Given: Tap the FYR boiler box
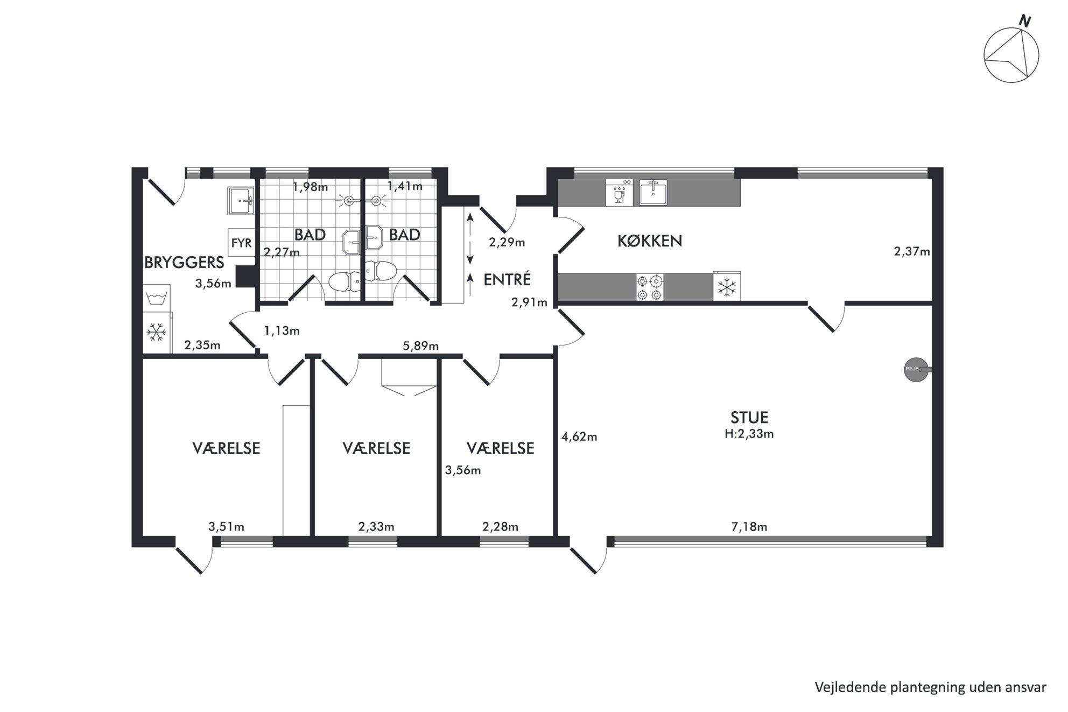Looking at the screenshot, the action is pyautogui.click(x=241, y=243).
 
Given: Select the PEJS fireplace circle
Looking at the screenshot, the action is pyautogui.click(x=916, y=370).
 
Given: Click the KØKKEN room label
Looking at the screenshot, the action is pyautogui.click(x=650, y=241).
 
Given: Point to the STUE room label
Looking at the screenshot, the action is pyautogui.click(x=749, y=417).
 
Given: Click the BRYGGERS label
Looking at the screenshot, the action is pyautogui.click(x=184, y=262).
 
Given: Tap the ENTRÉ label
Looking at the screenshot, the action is pyautogui.click(x=507, y=279).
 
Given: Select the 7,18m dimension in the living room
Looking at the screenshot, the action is pyautogui.click(x=749, y=526).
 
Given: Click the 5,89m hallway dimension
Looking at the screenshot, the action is pyautogui.click(x=420, y=346).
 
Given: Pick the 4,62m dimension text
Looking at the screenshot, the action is pyautogui.click(x=579, y=436).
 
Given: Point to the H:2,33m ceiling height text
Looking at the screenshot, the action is pyautogui.click(x=749, y=434).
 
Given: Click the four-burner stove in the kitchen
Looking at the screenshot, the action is pyautogui.click(x=650, y=287).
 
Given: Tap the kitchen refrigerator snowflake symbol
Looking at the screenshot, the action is pyautogui.click(x=727, y=287).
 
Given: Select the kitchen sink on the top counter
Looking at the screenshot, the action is pyautogui.click(x=653, y=192).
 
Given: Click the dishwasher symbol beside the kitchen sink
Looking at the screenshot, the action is pyautogui.click(x=619, y=193).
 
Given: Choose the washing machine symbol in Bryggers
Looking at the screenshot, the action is pyautogui.click(x=157, y=298).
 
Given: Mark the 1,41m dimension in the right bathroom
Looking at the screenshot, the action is pyautogui.click(x=405, y=186).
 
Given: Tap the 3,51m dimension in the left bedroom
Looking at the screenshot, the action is pyautogui.click(x=226, y=526).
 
